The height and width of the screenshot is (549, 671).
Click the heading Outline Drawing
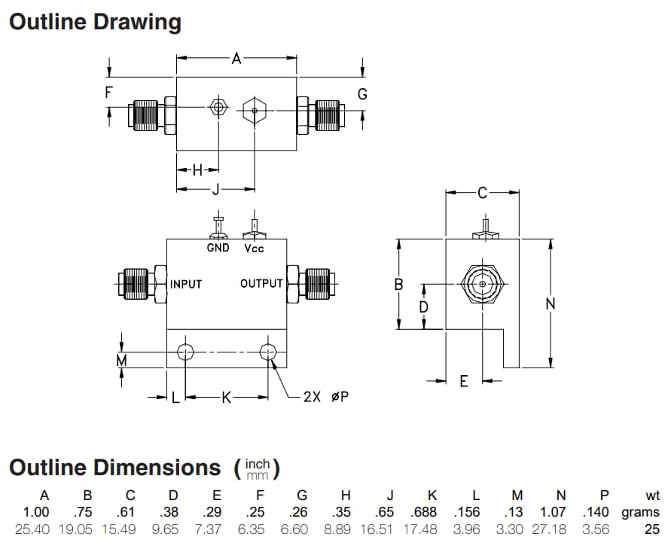coord(95,22)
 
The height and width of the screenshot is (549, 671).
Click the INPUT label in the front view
coord(185,284)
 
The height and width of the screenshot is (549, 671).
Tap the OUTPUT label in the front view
coord(261,284)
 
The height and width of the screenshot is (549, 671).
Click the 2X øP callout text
coord(325,396)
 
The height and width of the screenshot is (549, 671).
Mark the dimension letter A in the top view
coord(236,58)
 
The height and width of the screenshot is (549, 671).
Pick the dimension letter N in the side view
coord(550,303)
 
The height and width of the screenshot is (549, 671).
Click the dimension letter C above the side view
coord(483,194)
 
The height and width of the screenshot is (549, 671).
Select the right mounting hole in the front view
coord(268,351)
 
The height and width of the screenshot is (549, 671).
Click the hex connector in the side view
coord(482,284)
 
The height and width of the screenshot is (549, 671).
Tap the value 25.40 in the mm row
coord(32,529)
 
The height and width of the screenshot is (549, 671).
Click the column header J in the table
coord(390,495)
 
